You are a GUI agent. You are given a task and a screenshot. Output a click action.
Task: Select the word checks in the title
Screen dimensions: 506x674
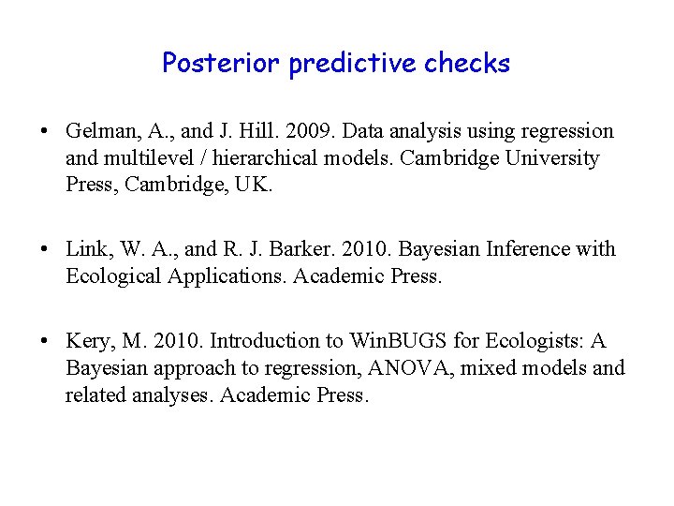[467, 64]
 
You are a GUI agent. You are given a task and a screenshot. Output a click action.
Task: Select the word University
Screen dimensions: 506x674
[552, 158]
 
